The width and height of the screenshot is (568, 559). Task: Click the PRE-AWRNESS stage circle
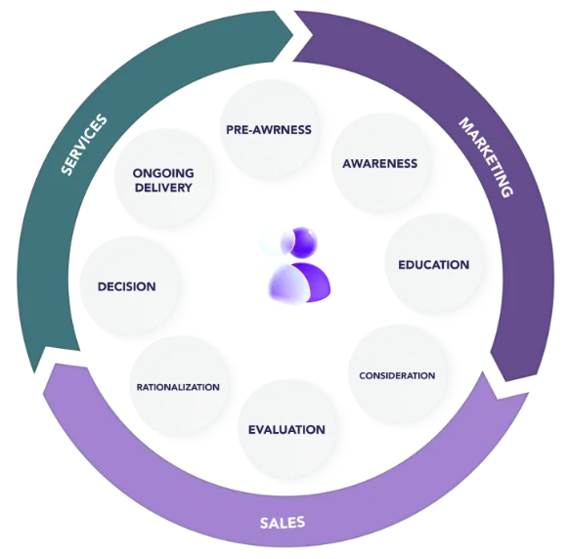(x=269, y=129)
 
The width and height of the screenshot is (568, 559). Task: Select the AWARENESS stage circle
(x=380, y=163)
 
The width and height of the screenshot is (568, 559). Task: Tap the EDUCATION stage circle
(x=434, y=265)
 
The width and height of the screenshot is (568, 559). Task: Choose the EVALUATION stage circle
(x=286, y=429)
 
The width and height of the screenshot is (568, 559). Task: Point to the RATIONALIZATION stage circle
(x=178, y=387)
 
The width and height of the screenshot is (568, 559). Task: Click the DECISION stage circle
(x=127, y=286)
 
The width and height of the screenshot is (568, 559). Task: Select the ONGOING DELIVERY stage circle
(x=163, y=180)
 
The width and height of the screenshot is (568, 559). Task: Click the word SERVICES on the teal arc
(x=84, y=145)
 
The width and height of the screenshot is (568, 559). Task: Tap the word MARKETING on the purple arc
(x=486, y=157)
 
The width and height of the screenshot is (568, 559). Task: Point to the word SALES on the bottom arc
(x=283, y=523)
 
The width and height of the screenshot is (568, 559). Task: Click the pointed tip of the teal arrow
(x=292, y=35)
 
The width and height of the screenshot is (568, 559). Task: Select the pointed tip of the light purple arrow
(x=35, y=373)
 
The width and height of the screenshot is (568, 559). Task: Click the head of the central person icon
(x=299, y=241)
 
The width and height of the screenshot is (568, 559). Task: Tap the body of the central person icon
(x=299, y=282)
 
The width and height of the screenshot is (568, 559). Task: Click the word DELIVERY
(x=163, y=188)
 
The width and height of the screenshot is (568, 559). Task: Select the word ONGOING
(x=163, y=173)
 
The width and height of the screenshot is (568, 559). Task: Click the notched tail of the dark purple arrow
(x=312, y=35)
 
